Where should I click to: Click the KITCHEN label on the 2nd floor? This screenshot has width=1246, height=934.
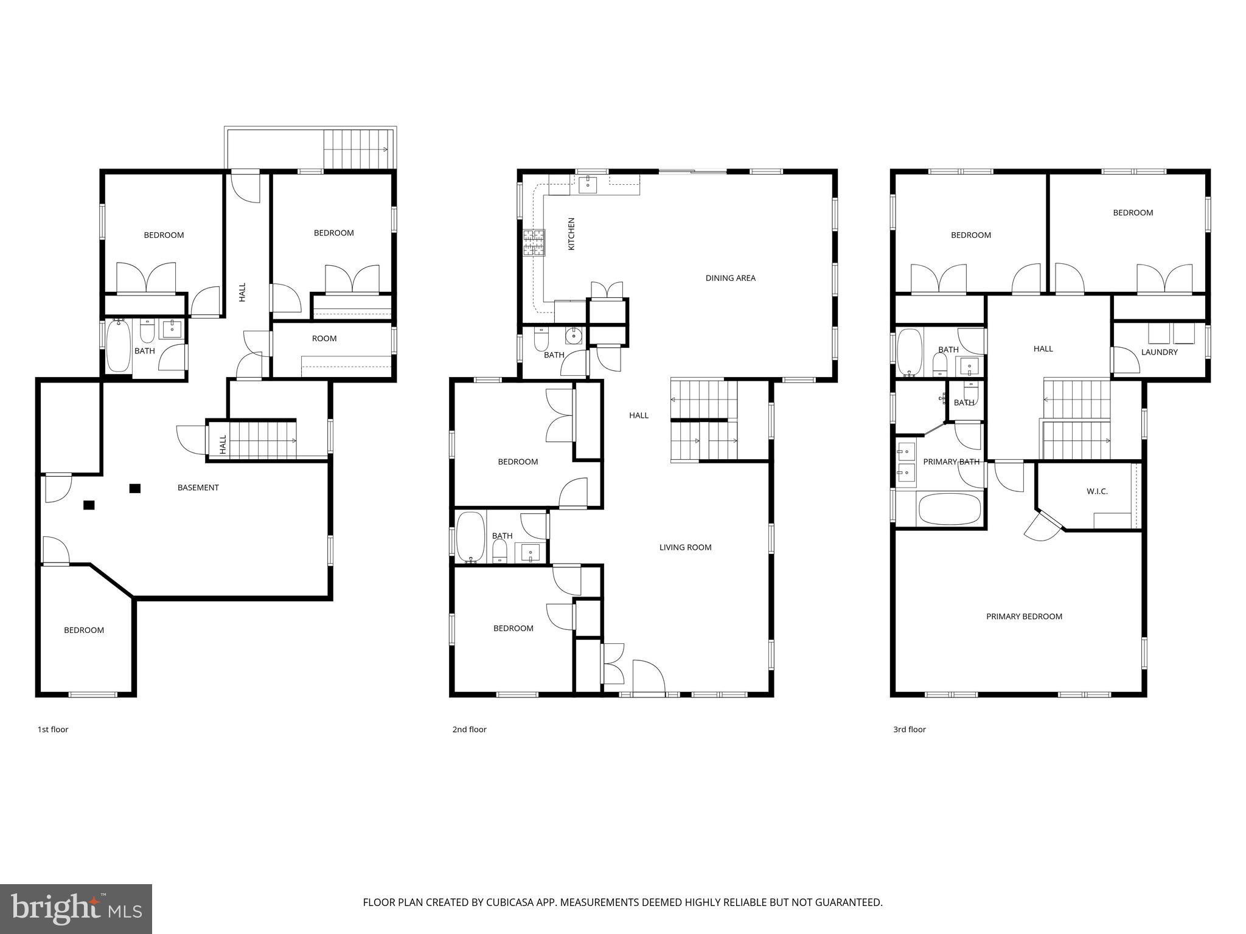(x=571, y=234)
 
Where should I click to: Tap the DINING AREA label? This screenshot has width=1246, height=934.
(x=730, y=278)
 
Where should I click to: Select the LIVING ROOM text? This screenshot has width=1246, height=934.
(x=685, y=547)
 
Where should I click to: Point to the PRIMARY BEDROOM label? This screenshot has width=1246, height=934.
(x=1024, y=617)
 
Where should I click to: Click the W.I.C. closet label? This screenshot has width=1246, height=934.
(x=1097, y=491)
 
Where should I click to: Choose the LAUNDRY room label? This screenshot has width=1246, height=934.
(x=1159, y=352)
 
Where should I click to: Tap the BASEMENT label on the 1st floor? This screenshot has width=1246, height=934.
(x=198, y=488)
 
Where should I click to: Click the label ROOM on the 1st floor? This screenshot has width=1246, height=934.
(x=324, y=339)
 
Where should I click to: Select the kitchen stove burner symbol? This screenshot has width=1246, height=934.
(x=534, y=242)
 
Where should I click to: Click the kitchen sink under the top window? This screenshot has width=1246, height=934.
(x=587, y=184)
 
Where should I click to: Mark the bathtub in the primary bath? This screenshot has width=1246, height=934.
(x=949, y=509)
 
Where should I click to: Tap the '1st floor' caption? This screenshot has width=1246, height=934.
(x=53, y=730)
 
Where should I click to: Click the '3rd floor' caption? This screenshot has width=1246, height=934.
(x=909, y=730)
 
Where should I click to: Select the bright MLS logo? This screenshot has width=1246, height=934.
(x=76, y=908)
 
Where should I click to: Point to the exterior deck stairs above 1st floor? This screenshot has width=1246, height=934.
(x=357, y=149)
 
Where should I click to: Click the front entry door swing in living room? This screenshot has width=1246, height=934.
(x=649, y=676)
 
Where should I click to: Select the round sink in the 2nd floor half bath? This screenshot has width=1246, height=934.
(x=574, y=336)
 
